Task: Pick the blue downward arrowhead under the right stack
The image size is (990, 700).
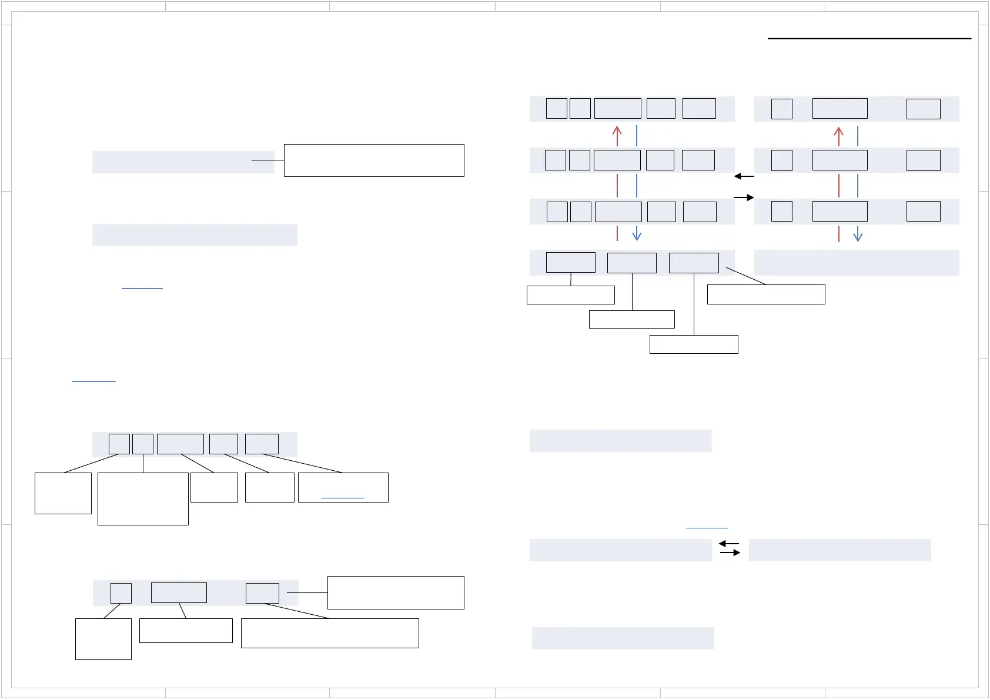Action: [858, 236]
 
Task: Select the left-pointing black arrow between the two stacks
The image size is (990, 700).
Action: [744, 176]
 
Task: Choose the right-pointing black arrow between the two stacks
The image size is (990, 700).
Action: [744, 197]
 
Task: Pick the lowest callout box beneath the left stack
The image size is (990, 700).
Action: [694, 344]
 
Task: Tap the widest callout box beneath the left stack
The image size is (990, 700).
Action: [766, 294]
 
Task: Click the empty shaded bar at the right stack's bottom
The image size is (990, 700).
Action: [856, 263]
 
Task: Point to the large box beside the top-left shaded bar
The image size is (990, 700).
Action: [374, 160]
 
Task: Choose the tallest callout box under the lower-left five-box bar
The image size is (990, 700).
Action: [143, 498]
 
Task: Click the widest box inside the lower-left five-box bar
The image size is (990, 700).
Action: [180, 444]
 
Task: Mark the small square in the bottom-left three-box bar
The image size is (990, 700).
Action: [121, 593]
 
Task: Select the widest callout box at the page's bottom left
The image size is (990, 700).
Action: [330, 633]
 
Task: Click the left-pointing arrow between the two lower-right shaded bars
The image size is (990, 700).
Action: [729, 544]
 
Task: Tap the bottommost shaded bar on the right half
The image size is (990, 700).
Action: [623, 638]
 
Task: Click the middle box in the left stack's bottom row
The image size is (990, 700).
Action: [631, 263]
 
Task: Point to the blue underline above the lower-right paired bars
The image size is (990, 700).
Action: [707, 528]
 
